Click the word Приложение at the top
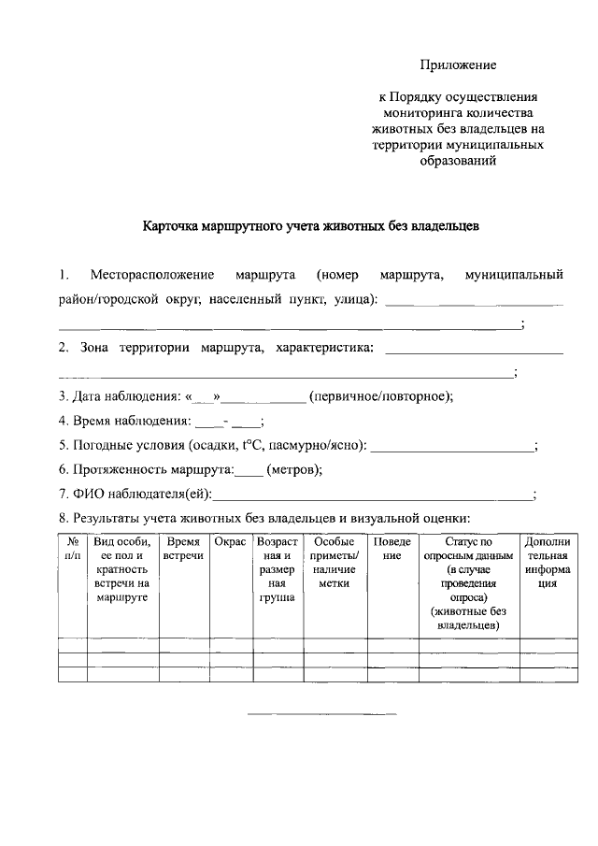(457, 65)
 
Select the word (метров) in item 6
(294, 470)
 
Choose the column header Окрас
(230, 542)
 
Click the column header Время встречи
(183, 549)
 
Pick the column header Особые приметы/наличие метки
(334, 562)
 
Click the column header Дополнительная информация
(548, 562)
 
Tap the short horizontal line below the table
(321, 715)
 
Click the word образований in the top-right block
(458, 160)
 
